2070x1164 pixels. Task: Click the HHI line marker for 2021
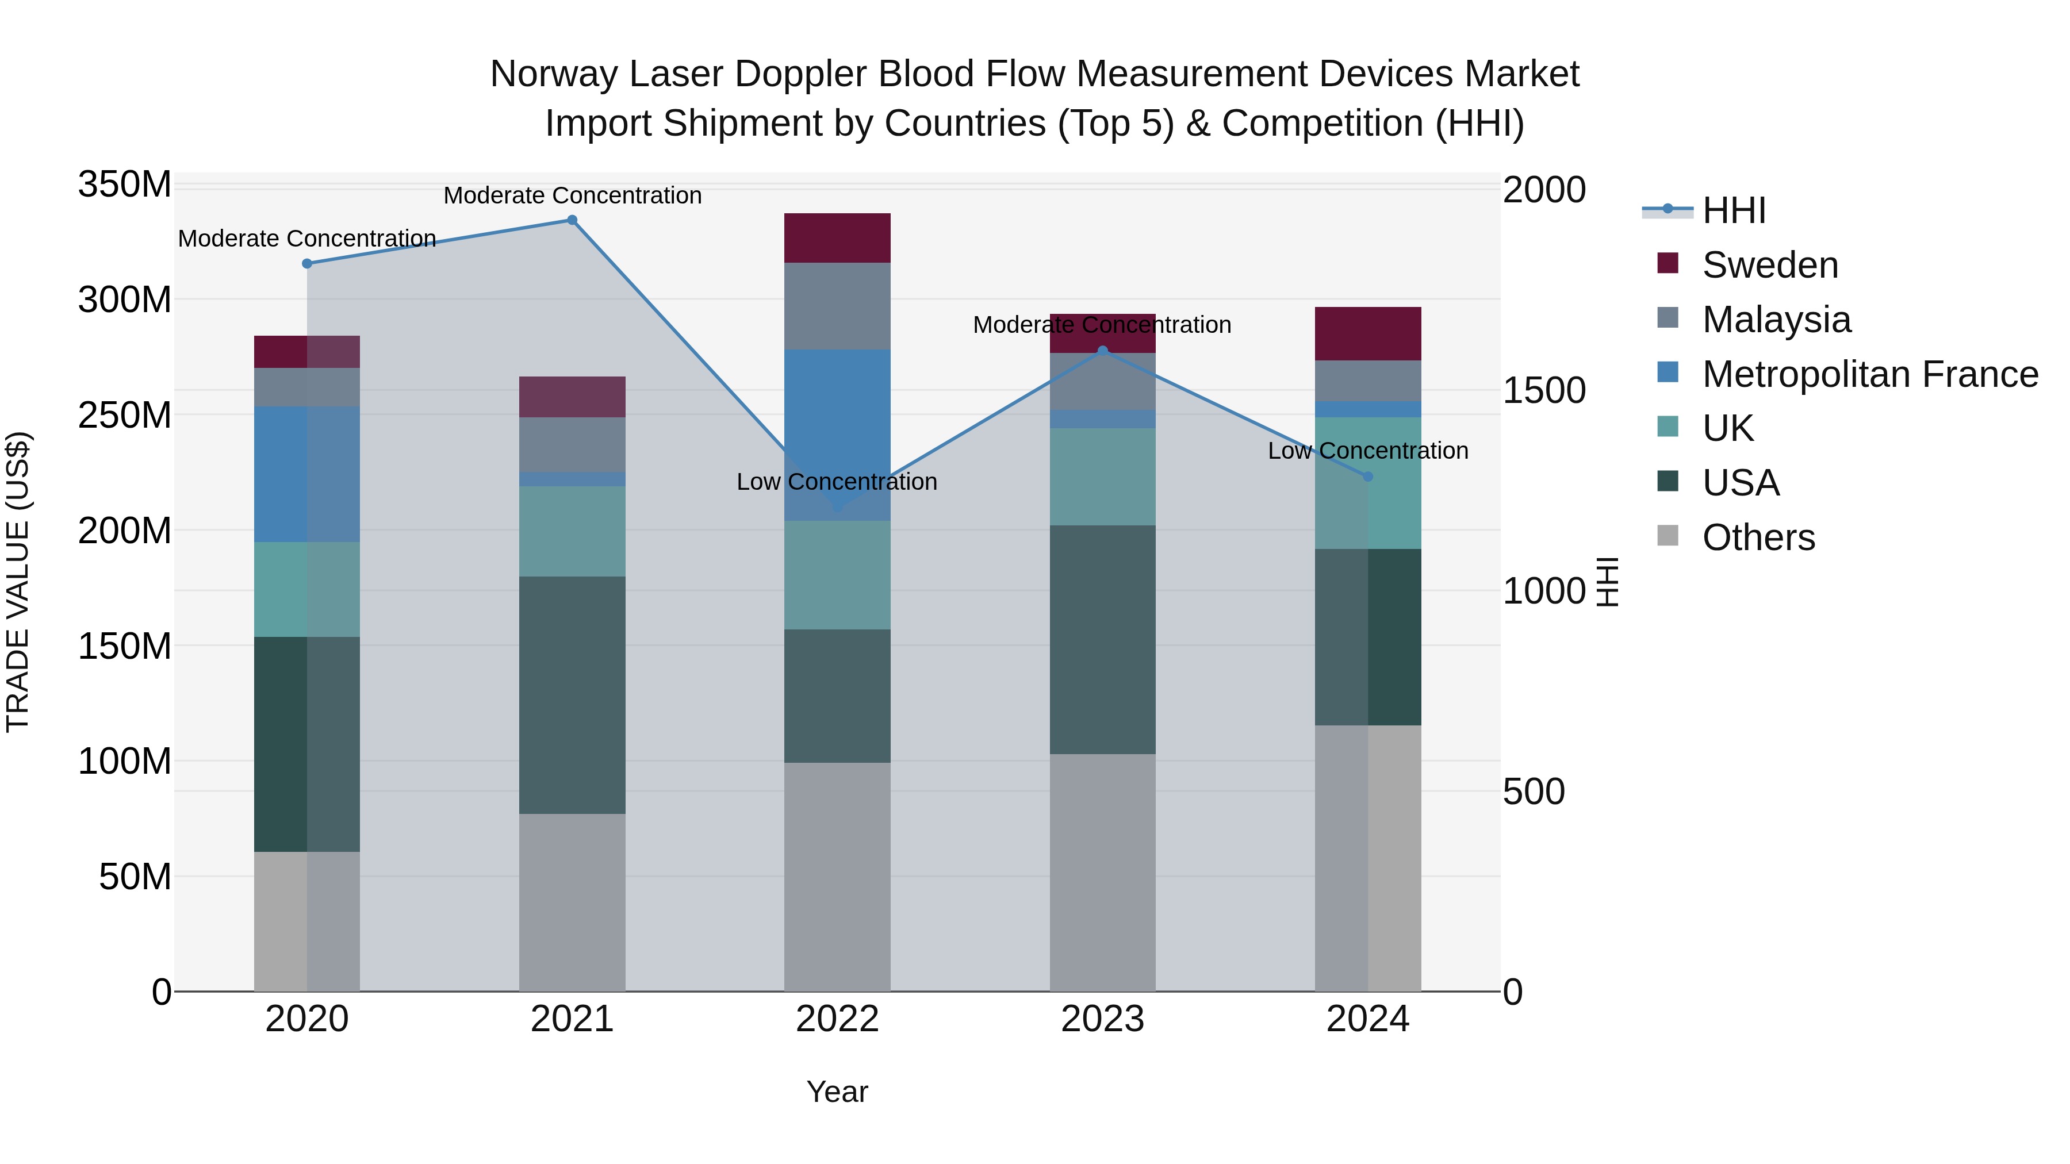(x=572, y=220)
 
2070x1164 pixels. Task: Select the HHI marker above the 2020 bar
(x=307, y=263)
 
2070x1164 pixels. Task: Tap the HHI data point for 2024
(x=1368, y=477)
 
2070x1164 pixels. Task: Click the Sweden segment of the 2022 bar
(x=837, y=238)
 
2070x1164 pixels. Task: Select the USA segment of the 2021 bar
(x=572, y=695)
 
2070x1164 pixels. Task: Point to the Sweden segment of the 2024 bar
(x=1368, y=333)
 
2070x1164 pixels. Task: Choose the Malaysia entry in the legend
(x=1776, y=320)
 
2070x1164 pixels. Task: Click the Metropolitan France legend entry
(x=1869, y=374)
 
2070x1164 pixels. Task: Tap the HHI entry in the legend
(x=1733, y=210)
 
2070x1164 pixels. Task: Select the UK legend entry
(x=1728, y=428)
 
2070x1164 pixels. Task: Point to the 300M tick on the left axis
(x=125, y=299)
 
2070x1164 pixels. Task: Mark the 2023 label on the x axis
(x=1102, y=1019)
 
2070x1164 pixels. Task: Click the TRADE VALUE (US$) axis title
(x=18, y=582)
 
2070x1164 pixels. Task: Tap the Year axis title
(x=837, y=1092)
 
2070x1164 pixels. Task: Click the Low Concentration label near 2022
(x=837, y=482)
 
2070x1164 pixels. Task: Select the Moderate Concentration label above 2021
(x=572, y=195)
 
